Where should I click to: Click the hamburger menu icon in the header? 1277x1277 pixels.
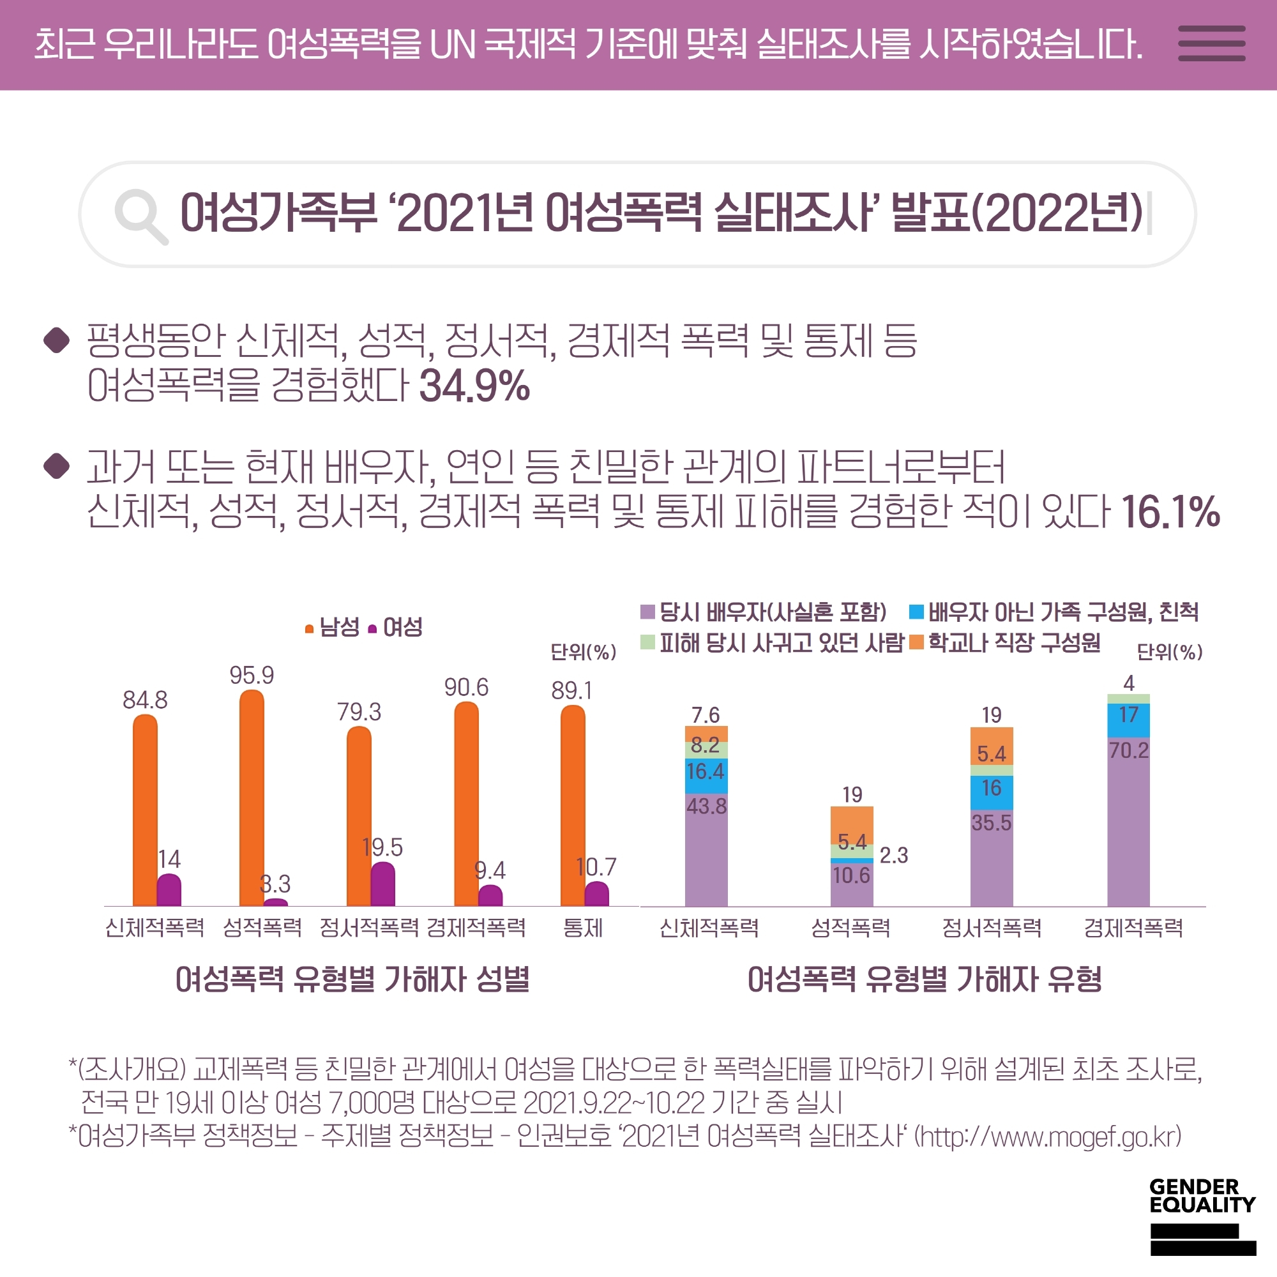[1212, 43]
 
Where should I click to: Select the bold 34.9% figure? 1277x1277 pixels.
[474, 386]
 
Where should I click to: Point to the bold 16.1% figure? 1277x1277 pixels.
[1170, 512]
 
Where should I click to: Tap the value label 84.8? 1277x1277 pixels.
[145, 700]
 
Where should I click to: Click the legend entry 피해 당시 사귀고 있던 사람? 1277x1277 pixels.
[773, 642]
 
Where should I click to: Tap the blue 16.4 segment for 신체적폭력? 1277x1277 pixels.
[706, 775]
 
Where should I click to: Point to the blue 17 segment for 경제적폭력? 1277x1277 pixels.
[1128, 720]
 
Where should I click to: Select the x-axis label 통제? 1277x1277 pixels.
[582, 928]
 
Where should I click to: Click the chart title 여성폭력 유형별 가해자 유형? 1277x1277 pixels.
[924, 979]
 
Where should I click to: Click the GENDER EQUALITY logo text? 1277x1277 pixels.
[1202, 1196]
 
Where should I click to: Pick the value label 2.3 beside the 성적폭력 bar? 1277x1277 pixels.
[894, 856]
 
